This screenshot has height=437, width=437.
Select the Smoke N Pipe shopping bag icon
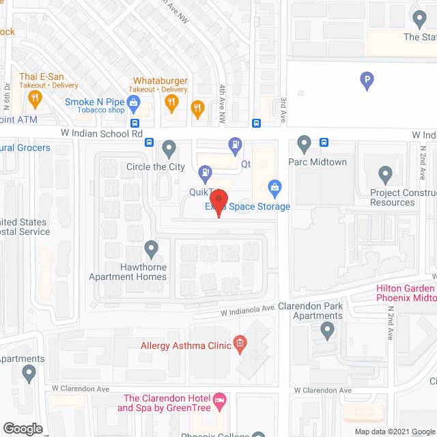(133, 103)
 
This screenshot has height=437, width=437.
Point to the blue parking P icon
(367, 81)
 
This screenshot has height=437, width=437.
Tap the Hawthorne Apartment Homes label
(128, 272)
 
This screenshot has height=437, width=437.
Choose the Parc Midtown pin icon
(305, 144)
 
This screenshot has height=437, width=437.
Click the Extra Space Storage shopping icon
(274, 186)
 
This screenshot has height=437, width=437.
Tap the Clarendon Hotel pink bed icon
(220, 401)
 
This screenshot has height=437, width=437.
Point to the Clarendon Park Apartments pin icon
(328, 331)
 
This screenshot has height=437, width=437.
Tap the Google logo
(22, 429)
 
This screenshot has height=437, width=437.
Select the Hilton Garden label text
(406, 288)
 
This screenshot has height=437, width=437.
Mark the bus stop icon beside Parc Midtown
(324, 143)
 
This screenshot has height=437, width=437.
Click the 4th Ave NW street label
(223, 93)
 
